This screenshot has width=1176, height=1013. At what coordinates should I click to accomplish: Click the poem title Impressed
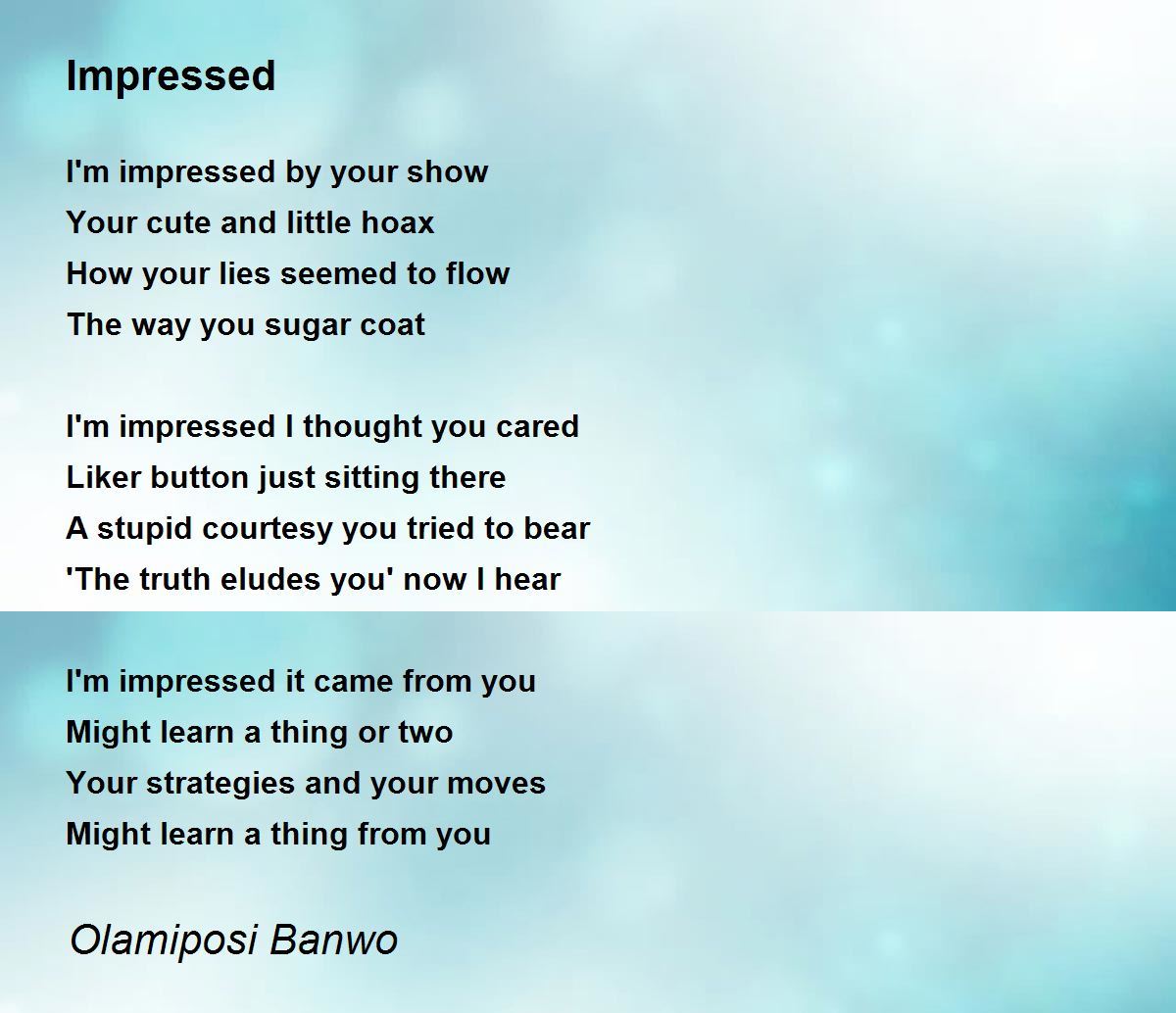coord(171,76)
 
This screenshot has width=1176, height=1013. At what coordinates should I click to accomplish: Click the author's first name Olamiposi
coord(164,941)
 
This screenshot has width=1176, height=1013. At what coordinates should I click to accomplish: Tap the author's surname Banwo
coord(333,940)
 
